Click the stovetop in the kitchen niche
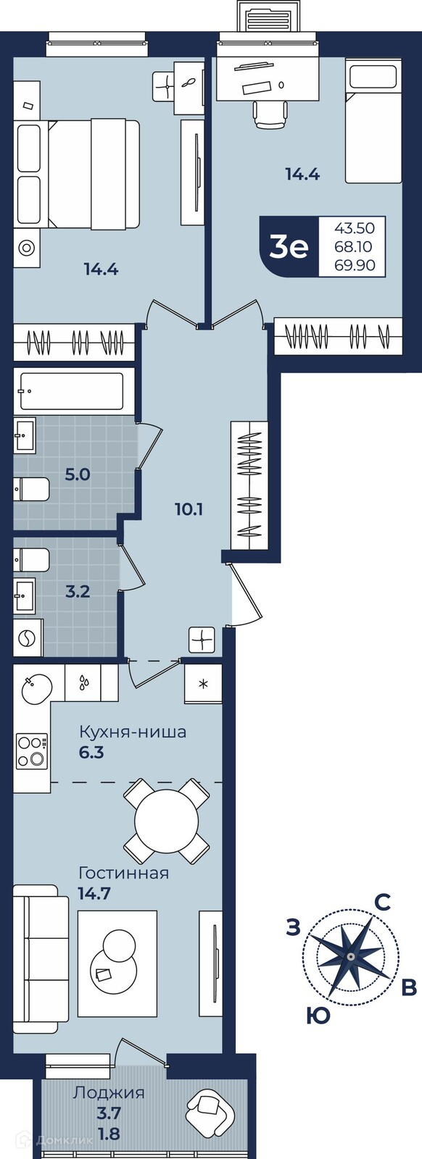click(32, 750)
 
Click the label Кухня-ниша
click(132, 732)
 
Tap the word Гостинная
click(123, 874)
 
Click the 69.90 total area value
click(355, 265)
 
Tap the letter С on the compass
click(382, 903)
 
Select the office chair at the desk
click(270, 115)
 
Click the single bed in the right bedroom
click(373, 122)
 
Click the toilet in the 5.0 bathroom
click(31, 489)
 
